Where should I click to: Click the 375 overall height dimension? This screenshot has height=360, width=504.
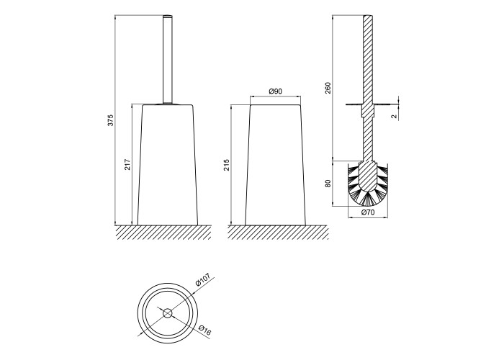click(x=110, y=120)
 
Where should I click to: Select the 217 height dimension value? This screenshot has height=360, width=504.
click(x=127, y=164)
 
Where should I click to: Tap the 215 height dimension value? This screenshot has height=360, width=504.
click(x=227, y=165)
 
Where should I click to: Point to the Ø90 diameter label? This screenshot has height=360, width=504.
click(x=276, y=91)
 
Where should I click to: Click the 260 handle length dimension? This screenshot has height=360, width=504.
click(x=328, y=88)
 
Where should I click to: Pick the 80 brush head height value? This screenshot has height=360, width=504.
click(x=328, y=184)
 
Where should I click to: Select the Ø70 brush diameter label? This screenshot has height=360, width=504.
click(x=368, y=212)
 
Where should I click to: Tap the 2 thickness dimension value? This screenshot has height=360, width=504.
click(x=395, y=116)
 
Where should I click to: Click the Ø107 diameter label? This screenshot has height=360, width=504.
click(x=203, y=279)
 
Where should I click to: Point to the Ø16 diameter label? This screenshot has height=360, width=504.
click(x=204, y=330)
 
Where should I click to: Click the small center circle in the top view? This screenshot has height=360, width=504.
click(x=168, y=313)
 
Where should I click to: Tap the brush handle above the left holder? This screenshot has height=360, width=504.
click(x=168, y=60)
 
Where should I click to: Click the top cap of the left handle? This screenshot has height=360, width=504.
click(x=168, y=16)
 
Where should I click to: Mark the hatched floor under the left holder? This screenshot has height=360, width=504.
click(x=163, y=233)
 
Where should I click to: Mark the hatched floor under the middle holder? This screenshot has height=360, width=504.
click(x=278, y=233)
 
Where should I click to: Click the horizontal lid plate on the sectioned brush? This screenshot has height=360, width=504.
click(x=368, y=104)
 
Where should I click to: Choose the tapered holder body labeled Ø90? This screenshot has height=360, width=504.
click(x=276, y=165)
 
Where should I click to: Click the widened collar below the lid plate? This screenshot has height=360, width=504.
click(x=368, y=111)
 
